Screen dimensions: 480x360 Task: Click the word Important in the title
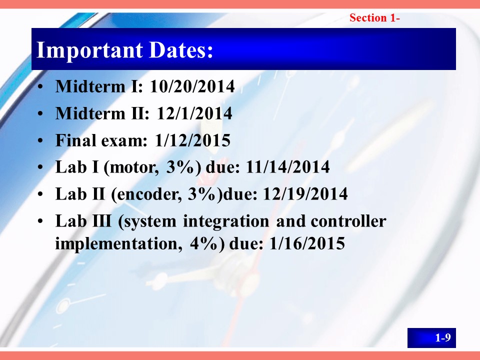click(x=89, y=50)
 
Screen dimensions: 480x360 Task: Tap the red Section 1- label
click(x=374, y=18)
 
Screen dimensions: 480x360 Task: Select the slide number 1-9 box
click(x=431, y=337)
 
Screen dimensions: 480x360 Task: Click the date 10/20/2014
click(x=192, y=86)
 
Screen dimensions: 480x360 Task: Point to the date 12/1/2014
click(x=194, y=113)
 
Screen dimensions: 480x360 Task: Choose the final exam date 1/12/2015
click(x=192, y=140)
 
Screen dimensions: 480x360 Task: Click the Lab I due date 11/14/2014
click(x=288, y=167)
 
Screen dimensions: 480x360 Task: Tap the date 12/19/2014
click(x=305, y=194)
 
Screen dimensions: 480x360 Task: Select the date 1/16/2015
click(x=307, y=243)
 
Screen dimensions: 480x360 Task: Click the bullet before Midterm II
click(x=40, y=113)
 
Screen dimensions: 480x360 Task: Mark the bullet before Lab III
click(x=40, y=221)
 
